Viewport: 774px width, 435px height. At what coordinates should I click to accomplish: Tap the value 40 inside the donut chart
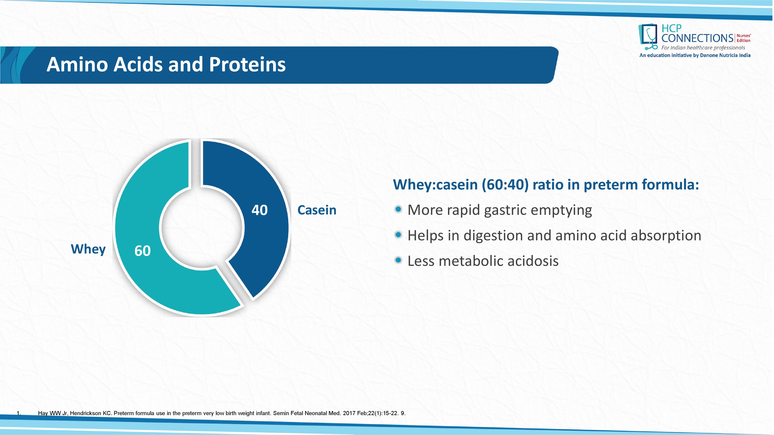click(x=260, y=210)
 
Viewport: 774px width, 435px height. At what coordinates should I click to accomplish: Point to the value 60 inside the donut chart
click(x=142, y=251)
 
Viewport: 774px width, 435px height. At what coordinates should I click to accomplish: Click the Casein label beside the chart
click(x=317, y=210)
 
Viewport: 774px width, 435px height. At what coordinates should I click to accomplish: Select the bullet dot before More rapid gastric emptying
click(x=398, y=209)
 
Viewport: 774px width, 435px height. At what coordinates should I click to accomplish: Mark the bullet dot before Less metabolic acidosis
click(x=398, y=260)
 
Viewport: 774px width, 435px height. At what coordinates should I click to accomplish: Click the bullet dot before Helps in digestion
click(x=398, y=235)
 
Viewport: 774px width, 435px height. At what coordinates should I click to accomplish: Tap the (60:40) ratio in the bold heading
click(x=505, y=184)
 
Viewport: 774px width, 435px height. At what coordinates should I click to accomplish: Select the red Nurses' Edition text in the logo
click(x=744, y=38)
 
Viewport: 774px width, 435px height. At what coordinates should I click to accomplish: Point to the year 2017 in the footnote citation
click(x=349, y=413)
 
